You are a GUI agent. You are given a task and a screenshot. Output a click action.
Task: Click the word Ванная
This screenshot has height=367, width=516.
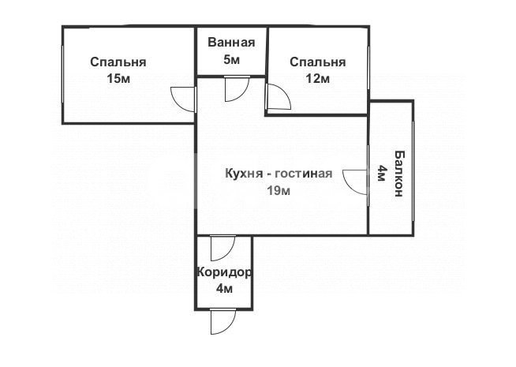pyautogui.click(x=231, y=43)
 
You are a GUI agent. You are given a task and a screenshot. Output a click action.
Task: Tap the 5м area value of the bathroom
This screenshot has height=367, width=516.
pyautogui.click(x=231, y=59)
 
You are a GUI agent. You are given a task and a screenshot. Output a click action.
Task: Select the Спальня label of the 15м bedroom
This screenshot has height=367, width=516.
pyautogui.click(x=118, y=62)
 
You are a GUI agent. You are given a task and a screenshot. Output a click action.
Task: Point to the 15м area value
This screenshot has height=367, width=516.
pyautogui.click(x=118, y=78)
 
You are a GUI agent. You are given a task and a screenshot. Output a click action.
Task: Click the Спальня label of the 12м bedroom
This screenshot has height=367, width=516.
pyautogui.click(x=317, y=62)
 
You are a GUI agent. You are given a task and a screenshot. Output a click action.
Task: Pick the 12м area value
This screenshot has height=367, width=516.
pyautogui.click(x=317, y=78)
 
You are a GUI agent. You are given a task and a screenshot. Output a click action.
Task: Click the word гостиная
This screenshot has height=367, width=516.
pyautogui.click(x=305, y=174)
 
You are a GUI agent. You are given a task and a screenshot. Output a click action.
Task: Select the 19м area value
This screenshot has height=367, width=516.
pyautogui.click(x=279, y=191)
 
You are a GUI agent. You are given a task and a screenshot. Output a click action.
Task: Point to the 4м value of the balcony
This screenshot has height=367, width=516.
pyautogui.click(x=381, y=173)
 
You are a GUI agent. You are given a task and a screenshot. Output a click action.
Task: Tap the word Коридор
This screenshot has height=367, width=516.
pyautogui.click(x=224, y=273)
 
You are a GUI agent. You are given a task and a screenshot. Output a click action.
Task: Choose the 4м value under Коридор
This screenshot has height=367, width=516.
pyautogui.click(x=224, y=289)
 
